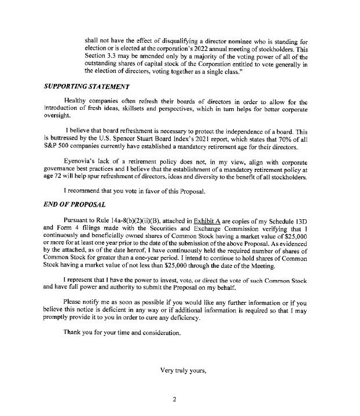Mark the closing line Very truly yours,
point(186,370)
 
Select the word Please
point(74,303)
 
